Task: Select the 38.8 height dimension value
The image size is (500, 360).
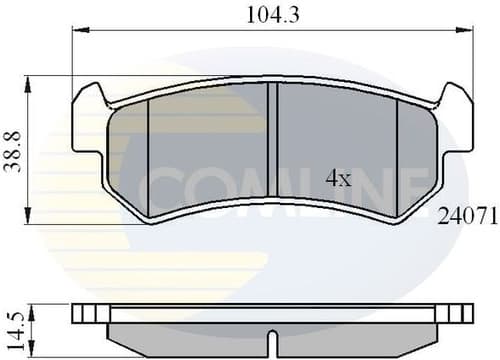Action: tap(14, 150)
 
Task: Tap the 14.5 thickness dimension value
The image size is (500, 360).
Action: tap(14, 325)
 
